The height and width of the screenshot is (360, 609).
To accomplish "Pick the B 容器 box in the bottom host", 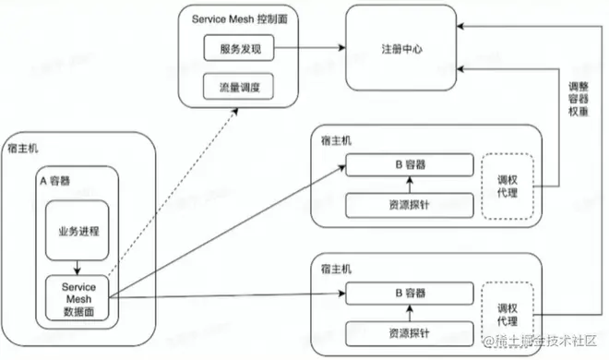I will (403, 294).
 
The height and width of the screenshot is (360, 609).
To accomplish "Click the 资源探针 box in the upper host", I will (403, 204).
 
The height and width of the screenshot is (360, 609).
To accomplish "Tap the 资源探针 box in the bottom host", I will (403, 331).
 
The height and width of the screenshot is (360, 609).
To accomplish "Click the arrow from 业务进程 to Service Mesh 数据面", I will (78, 264).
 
